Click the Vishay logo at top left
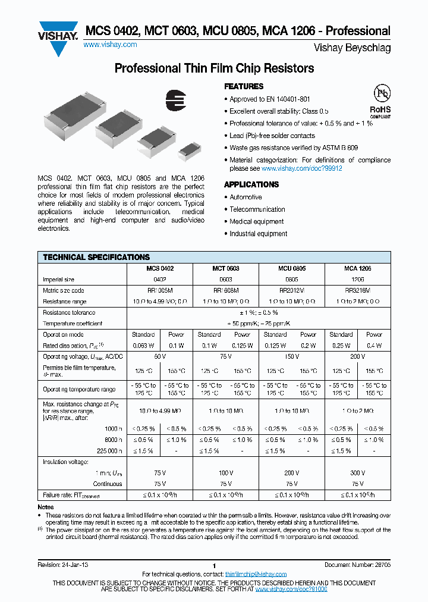coord(58,37)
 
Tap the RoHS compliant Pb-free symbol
coord(380,101)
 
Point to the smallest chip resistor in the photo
coord(188,151)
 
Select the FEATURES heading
coord(244,86)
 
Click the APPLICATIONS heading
coord(251,184)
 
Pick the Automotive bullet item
coord(246,197)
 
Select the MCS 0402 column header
coord(160,269)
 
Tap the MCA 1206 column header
coord(357,269)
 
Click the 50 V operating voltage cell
coord(160,356)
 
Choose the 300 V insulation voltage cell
coord(357,473)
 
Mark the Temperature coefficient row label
coord(73,323)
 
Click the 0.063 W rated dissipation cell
coord(143,345)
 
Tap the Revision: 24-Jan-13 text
coord(65,565)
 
